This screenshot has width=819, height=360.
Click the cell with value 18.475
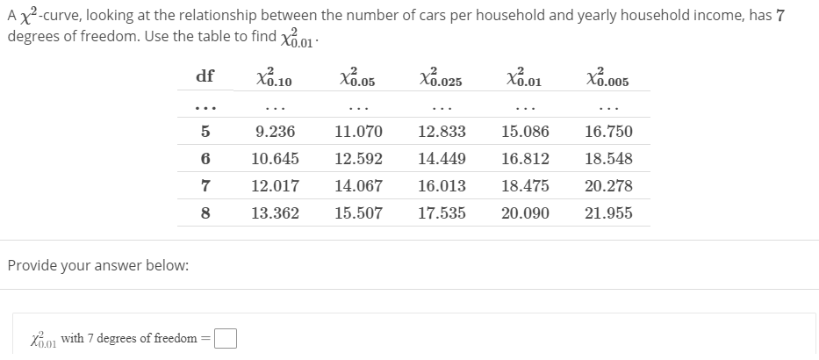[x=525, y=186]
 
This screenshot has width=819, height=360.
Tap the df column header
[x=205, y=76]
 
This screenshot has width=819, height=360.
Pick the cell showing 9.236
[x=275, y=132]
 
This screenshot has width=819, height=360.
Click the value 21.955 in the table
[x=608, y=213]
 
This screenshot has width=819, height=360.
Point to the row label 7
[x=205, y=186]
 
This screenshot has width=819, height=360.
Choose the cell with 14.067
[x=358, y=186]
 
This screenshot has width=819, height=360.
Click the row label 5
[x=205, y=132]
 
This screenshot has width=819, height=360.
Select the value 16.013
[x=442, y=186]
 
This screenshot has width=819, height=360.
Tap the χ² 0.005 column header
[x=607, y=77]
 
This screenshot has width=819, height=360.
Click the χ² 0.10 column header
[x=274, y=77]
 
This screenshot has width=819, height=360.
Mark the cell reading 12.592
[x=358, y=159]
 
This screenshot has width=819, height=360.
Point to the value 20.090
[x=525, y=213]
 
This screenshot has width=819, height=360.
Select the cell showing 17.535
[x=442, y=213]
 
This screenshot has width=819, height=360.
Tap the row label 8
[x=205, y=213]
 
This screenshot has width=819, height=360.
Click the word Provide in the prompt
[x=33, y=265]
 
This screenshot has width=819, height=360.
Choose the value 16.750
[x=608, y=132]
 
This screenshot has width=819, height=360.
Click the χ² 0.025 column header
[x=441, y=77]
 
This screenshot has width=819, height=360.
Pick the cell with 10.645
[x=275, y=159]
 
